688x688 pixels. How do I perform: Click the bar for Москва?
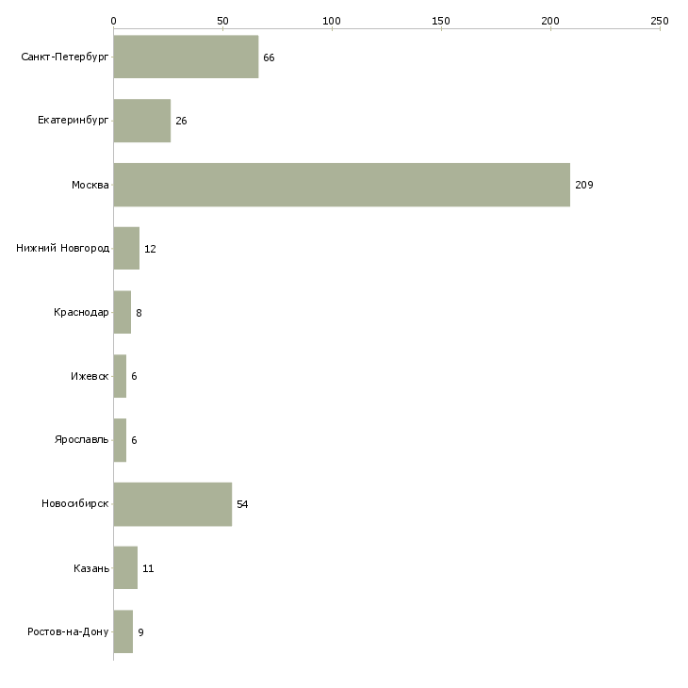341,185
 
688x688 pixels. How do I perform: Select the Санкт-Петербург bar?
186,57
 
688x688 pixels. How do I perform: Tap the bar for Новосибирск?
172,504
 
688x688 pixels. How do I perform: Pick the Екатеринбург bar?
141,121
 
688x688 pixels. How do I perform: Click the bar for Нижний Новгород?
126,249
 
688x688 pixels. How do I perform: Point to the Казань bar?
125,568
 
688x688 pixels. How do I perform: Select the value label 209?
583,185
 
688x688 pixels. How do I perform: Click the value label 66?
269,57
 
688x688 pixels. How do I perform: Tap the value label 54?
242,504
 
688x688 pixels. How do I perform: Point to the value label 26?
181,121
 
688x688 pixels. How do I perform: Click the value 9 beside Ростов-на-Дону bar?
140,632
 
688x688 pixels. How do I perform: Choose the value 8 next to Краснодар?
139,313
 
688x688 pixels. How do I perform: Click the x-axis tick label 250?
659,20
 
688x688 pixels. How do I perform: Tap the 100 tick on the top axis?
331,20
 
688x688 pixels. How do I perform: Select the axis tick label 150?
440,20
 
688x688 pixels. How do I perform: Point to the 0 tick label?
113,20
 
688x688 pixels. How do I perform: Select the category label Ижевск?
90,376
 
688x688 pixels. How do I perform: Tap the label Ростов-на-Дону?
69,632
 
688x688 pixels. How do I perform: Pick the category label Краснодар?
81,313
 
